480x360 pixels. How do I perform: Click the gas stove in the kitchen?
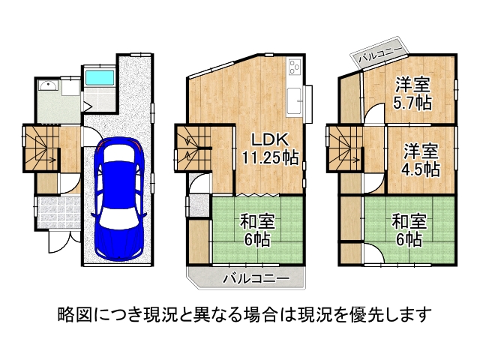pos(292,69)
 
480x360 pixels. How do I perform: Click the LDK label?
pos(268,139)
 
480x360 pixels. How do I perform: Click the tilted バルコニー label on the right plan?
pos(380,53)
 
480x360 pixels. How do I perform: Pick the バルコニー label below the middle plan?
pos(256,278)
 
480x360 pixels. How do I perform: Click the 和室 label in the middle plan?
pos(256,221)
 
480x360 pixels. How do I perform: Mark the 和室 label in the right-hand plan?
pos(409,221)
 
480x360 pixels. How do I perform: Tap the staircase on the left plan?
pos(41,147)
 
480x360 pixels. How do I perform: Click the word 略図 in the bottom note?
pos(70,312)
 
